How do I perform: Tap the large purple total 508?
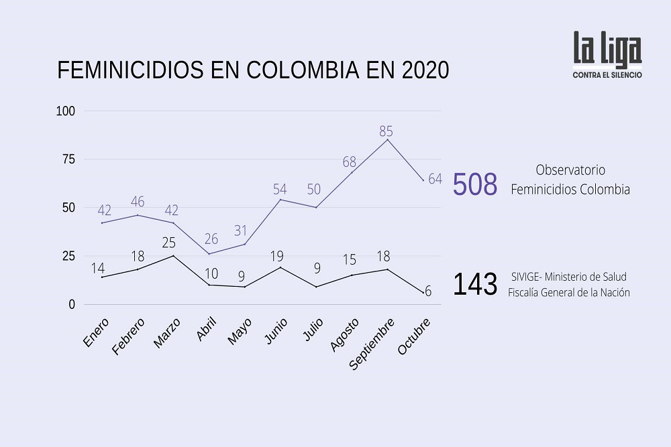tap(475, 185)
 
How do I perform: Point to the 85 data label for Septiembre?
tap(386, 131)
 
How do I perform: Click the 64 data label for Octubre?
tap(435, 179)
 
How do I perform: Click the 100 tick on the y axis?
tap(66, 111)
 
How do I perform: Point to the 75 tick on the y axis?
tap(68, 159)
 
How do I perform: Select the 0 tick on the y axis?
tap(72, 304)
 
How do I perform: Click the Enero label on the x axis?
tap(97, 332)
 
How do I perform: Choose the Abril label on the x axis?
tap(207, 330)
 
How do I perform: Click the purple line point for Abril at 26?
tap(209, 254)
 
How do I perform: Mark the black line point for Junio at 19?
tap(280, 267)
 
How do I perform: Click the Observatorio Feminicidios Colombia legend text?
tap(570, 180)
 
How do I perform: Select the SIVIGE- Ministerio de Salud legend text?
tap(568, 277)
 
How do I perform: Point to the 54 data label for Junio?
tap(280, 189)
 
